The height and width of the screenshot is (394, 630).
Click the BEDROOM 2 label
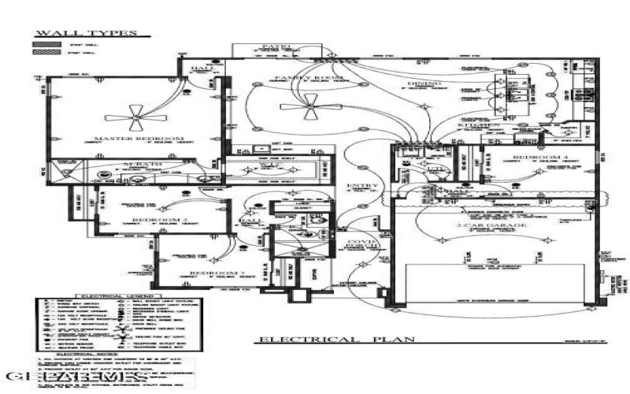[x=159, y=219]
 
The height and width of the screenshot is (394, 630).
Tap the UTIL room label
[x=432, y=169]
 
